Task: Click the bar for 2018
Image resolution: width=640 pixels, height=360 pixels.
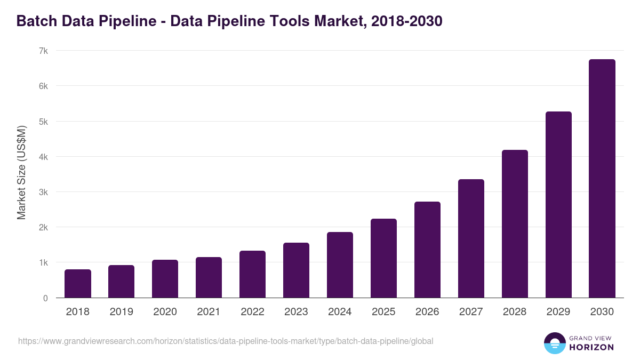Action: click(x=78, y=284)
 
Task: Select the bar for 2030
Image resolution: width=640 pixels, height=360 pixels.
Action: click(x=602, y=179)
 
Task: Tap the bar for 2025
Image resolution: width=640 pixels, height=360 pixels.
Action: click(x=383, y=258)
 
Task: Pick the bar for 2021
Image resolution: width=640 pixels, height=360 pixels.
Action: click(x=209, y=277)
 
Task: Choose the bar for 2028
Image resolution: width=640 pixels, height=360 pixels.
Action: click(x=515, y=224)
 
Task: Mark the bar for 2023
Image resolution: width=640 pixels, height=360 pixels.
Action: click(x=296, y=270)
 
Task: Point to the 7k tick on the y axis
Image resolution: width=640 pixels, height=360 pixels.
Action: click(x=43, y=51)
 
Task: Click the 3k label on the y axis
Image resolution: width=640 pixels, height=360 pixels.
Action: click(x=43, y=192)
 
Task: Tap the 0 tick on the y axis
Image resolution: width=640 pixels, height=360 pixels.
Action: click(x=45, y=298)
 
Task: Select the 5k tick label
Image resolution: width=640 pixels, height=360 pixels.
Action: click(x=43, y=122)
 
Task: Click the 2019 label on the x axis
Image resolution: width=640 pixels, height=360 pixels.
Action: click(x=121, y=312)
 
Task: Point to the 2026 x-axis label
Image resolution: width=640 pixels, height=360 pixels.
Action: click(x=427, y=312)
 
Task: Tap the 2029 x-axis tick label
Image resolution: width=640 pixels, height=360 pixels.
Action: click(x=558, y=312)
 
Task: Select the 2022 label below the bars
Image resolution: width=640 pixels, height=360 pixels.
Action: click(x=252, y=312)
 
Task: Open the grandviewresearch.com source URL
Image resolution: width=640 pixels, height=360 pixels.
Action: click(x=226, y=341)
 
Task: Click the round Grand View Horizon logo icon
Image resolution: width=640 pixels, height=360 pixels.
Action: click(x=554, y=343)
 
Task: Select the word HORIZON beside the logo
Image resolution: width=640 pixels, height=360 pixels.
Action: click(x=592, y=347)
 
